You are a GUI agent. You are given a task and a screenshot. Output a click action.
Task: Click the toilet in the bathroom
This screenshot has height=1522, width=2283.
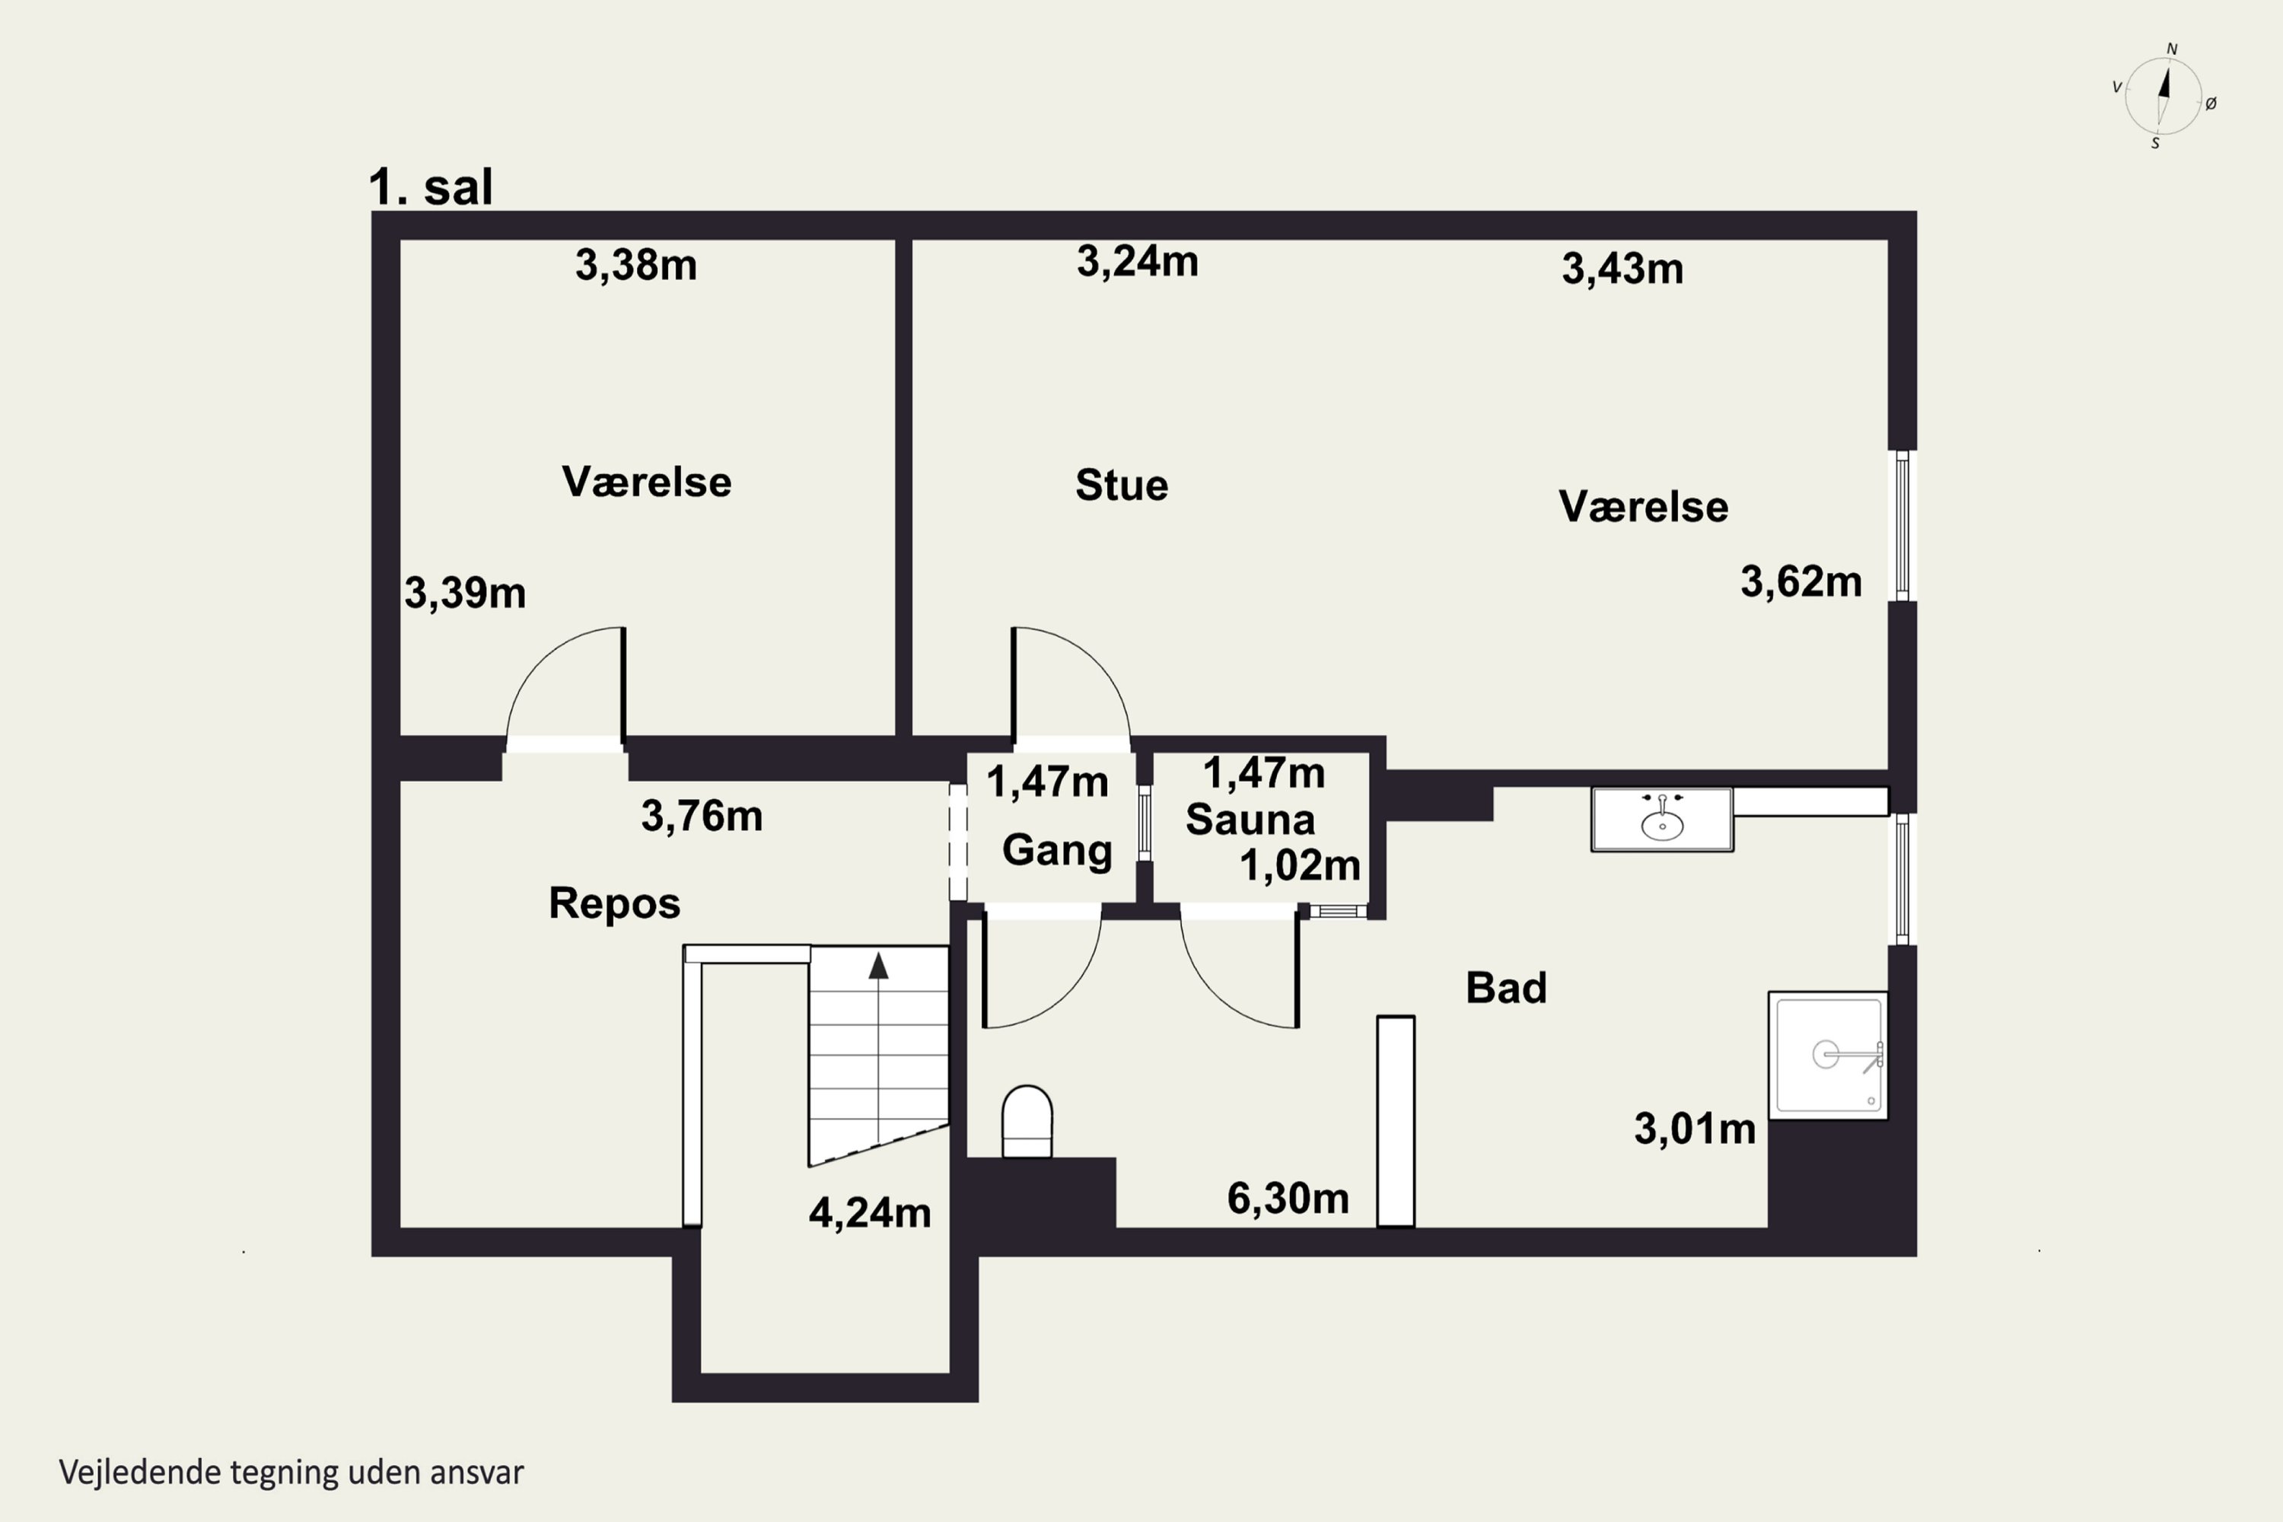point(1027,1121)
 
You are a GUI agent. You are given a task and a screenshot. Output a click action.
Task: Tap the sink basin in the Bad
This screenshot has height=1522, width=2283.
point(1662,820)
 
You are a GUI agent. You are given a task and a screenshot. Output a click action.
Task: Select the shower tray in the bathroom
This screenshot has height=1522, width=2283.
point(1828,1055)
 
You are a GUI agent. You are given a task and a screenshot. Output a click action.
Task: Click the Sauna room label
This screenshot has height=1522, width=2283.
point(1250,820)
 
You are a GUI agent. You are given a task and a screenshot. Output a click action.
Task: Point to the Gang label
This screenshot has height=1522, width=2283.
point(1057,850)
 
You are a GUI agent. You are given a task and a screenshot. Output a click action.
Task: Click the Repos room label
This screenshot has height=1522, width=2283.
point(614,904)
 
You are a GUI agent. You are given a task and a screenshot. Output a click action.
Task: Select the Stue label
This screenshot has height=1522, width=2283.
point(1122,486)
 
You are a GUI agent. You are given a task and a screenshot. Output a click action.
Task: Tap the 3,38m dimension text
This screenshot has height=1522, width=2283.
point(635,265)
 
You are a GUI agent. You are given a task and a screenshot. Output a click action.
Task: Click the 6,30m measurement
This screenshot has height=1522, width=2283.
point(1288,1199)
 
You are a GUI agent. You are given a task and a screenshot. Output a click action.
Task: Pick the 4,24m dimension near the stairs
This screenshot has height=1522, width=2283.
point(870,1213)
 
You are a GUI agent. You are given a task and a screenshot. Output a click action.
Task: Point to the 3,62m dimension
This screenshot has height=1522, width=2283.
point(1801,582)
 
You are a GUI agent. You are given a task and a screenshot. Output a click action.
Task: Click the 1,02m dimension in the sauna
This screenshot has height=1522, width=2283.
point(1301,864)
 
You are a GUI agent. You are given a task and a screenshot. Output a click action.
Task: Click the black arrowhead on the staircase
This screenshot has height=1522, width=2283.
point(878,965)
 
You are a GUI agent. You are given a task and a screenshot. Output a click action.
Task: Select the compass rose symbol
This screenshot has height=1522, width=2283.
point(2164,96)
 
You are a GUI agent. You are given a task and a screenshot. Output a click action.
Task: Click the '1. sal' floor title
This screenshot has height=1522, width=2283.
point(431,186)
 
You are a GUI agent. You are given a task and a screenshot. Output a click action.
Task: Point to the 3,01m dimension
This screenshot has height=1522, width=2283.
point(1695,1129)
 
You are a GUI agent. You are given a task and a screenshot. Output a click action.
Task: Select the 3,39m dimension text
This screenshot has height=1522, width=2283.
point(465,593)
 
